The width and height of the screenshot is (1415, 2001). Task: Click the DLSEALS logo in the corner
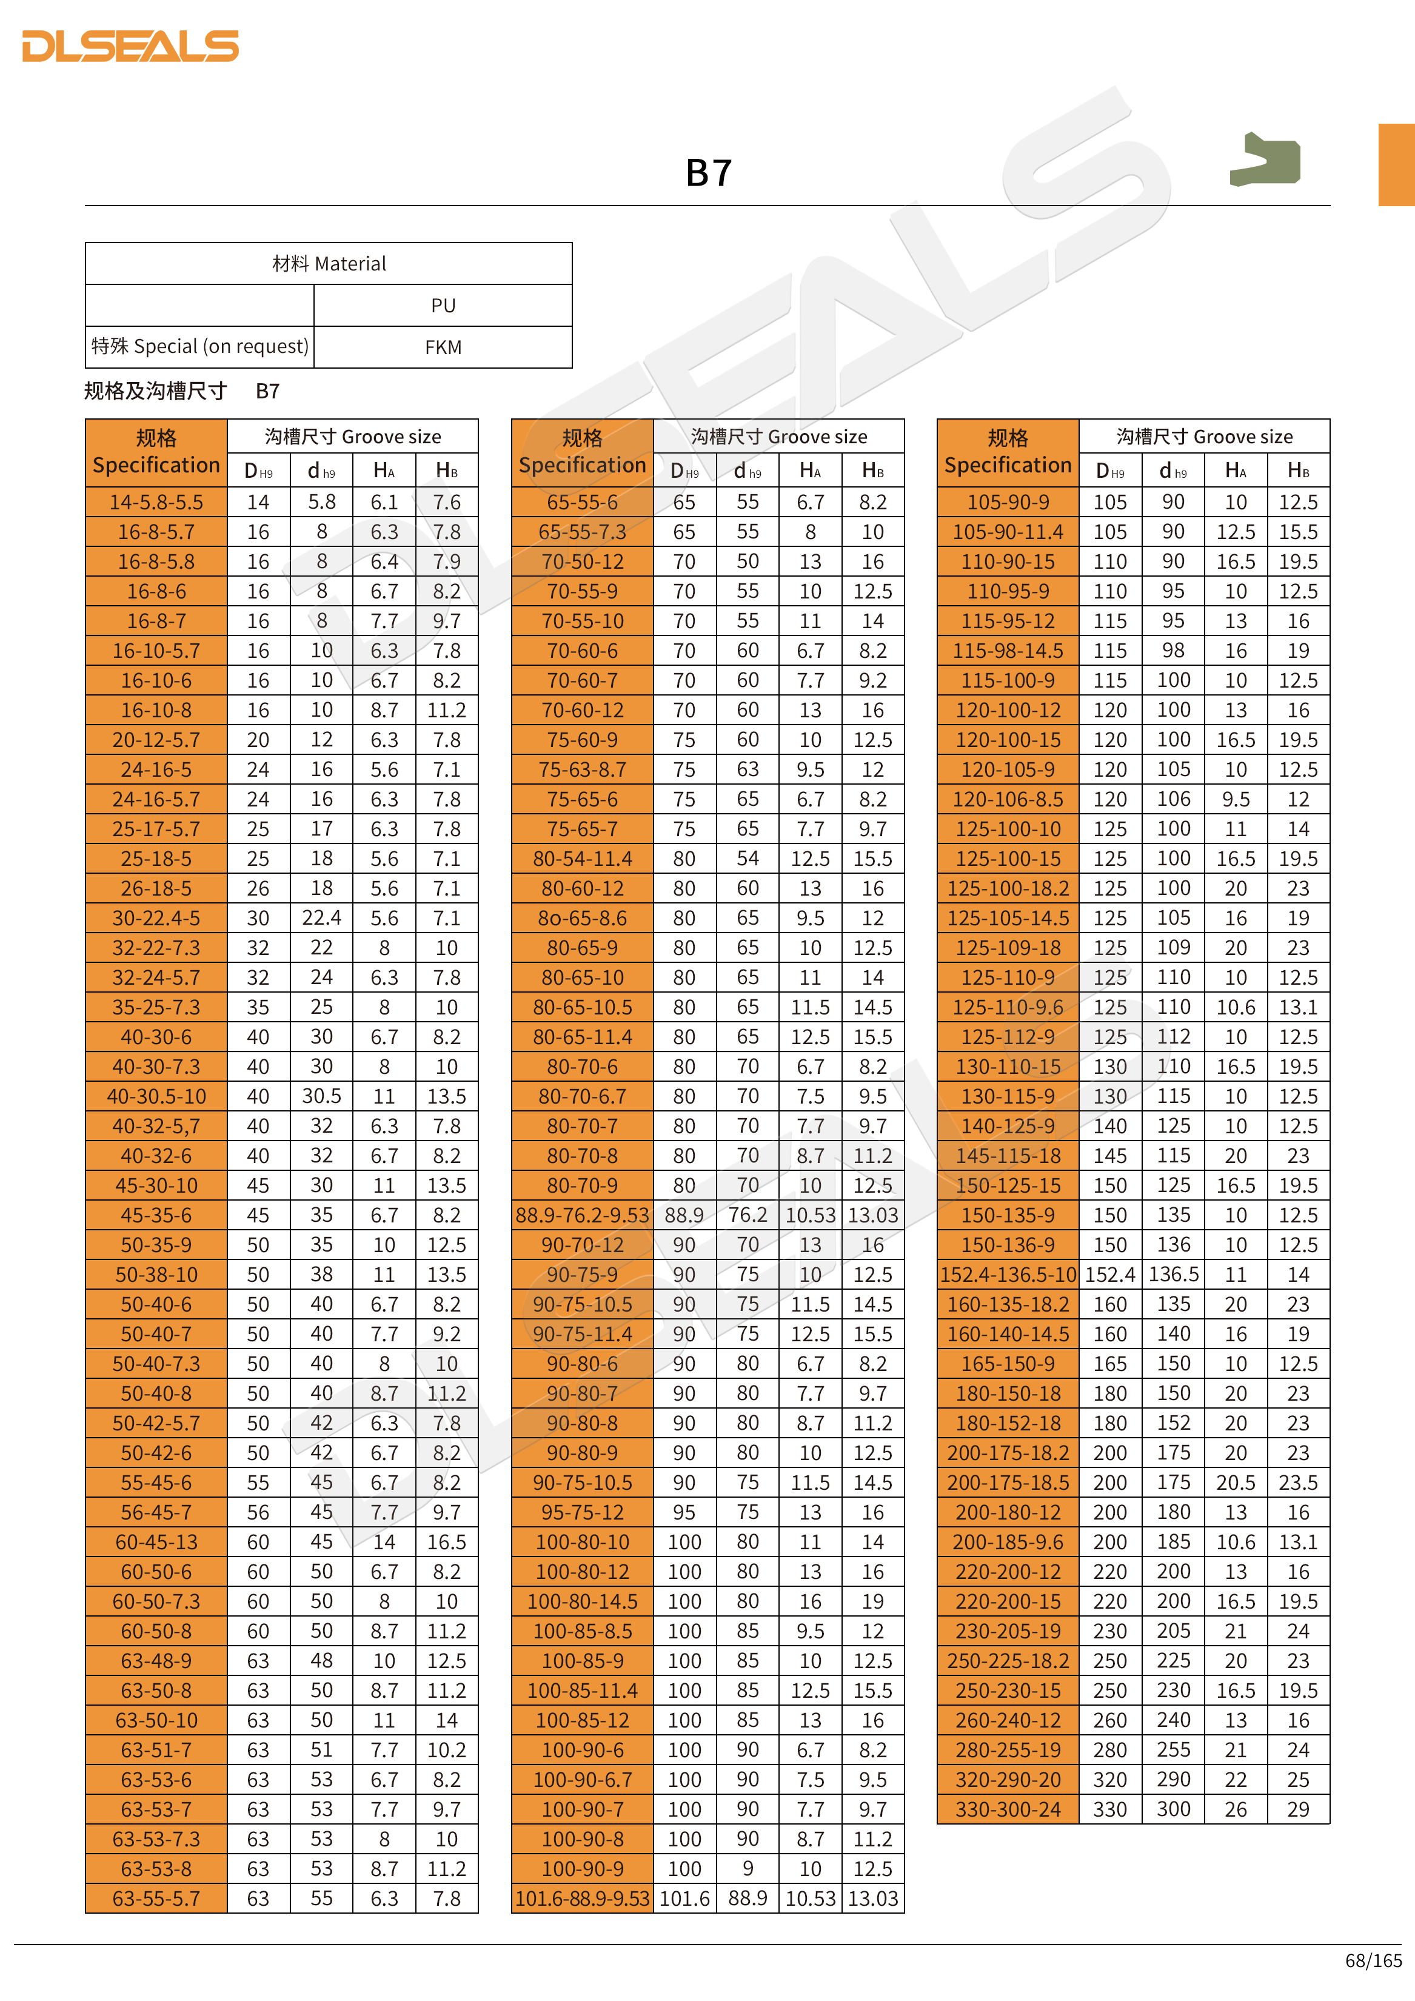(131, 46)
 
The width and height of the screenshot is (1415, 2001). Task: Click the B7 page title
(708, 173)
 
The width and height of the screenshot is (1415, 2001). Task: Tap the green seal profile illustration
(1265, 159)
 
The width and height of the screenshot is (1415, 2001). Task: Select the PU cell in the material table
(443, 306)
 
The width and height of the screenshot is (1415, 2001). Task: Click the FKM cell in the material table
(443, 347)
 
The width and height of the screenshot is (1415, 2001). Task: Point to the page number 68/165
(1373, 1961)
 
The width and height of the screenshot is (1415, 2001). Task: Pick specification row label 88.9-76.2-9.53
(582, 1216)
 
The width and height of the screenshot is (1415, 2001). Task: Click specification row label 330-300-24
(1008, 1810)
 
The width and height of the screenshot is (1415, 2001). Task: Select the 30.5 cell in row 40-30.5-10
(321, 1096)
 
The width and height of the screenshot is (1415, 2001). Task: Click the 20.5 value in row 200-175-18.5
(1236, 1483)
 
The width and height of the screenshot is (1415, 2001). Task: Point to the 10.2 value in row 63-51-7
(446, 1750)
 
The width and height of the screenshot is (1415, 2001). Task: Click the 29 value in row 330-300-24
(1298, 1810)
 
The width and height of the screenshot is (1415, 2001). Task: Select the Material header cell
(329, 264)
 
